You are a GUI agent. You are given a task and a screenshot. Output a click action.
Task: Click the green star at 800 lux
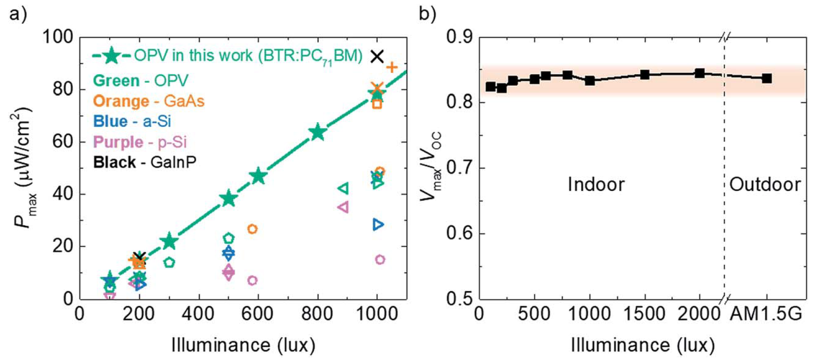pyautogui.click(x=318, y=132)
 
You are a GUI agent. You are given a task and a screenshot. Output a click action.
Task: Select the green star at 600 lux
pyautogui.click(x=258, y=177)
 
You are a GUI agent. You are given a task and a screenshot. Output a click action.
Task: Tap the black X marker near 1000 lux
pyautogui.click(x=378, y=56)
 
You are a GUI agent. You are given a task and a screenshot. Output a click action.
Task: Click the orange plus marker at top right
pyautogui.click(x=392, y=68)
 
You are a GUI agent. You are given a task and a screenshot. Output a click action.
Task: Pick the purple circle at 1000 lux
pyautogui.click(x=380, y=259)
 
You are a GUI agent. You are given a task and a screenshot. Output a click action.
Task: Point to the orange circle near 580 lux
pyautogui.click(x=252, y=229)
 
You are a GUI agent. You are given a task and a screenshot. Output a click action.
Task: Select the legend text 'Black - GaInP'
pyautogui.click(x=144, y=162)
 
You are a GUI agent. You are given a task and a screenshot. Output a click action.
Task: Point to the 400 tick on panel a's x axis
pyautogui.click(x=198, y=314)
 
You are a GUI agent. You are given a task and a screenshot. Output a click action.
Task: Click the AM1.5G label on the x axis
pyautogui.click(x=766, y=314)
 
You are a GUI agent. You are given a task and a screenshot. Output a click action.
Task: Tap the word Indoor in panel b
pyautogui.click(x=596, y=184)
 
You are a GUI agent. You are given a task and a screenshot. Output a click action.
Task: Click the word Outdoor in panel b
pyautogui.click(x=765, y=184)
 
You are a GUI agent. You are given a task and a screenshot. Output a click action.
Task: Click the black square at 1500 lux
pyautogui.click(x=645, y=75)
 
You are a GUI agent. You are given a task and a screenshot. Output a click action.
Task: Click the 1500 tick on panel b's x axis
pyautogui.click(x=645, y=314)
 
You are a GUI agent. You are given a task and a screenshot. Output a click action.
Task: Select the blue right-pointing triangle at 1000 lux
pyautogui.click(x=378, y=224)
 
